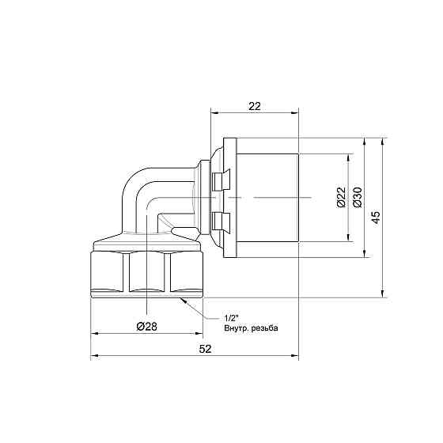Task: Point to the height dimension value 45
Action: click(377, 215)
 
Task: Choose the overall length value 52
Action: click(195, 348)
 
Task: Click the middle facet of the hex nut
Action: click(148, 274)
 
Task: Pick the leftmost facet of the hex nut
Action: click(110, 274)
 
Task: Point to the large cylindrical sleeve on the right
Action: click(268, 198)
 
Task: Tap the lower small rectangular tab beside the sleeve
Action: click(220, 218)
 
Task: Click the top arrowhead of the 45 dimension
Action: click(382, 142)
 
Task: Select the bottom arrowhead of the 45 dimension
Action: click(382, 292)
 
